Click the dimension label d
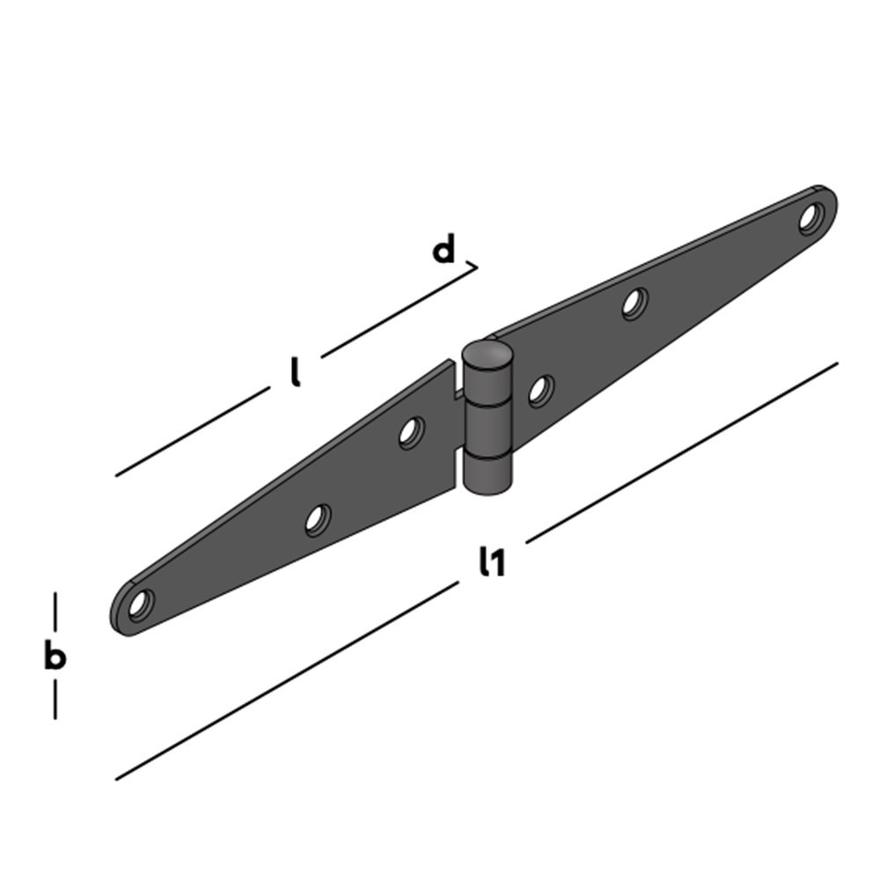pyautogui.click(x=444, y=251)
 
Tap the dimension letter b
pyautogui.click(x=55, y=656)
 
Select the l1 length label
pyautogui.click(x=493, y=562)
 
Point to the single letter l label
pyautogui.click(x=296, y=373)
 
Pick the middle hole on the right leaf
pyautogui.click(x=634, y=304)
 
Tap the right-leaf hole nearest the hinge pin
pyautogui.click(x=541, y=391)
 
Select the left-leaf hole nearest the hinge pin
pyautogui.click(x=411, y=432)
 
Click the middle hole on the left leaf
pyautogui.click(x=319, y=520)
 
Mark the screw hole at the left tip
pyautogui.click(x=140, y=605)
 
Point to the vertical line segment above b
pyautogui.click(x=55, y=612)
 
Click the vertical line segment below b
pyautogui.click(x=55, y=700)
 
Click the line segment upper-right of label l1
pyautogui.click(x=682, y=449)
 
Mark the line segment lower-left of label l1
pyautogui.click(x=282, y=681)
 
